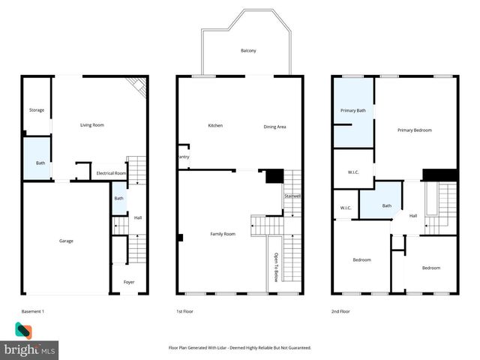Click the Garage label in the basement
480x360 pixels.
(x=67, y=241)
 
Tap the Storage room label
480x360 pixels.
(x=37, y=110)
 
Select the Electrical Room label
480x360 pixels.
(x=111, y=173)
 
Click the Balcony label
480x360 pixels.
(x=248, y=51)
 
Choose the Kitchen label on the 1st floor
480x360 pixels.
(x=215, y=125)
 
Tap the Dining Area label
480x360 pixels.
(x=274, y=127)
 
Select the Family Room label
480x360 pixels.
(x=223, y=234)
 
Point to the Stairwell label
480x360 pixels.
(x=292, y=196)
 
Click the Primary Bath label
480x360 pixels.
(x=353, y=110)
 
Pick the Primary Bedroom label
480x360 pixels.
(x=415, y=130)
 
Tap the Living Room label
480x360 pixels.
(x=91, y=124)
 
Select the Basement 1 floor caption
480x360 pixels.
(x=33, y=310)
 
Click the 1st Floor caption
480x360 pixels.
(x=184, y=310)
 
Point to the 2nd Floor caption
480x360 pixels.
(x=340, y=310)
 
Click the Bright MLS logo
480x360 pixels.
(x=29, y=341)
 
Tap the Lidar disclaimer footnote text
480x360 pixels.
(x=240, y=348)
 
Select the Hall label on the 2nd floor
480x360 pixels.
(x=413, y=216)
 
